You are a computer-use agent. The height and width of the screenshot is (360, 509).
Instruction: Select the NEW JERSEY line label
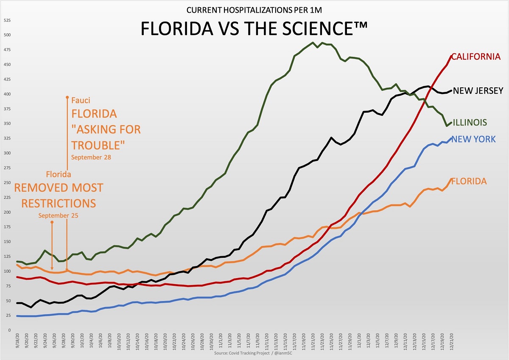coord(478,90)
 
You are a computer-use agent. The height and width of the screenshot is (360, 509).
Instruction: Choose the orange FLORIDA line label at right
coord(469,181)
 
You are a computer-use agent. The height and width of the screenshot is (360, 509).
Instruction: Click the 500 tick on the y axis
coord(7,35)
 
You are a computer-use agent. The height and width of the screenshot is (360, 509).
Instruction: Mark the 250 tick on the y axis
coord(7,183)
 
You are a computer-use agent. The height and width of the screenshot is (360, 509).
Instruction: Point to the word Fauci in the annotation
coord(81,100)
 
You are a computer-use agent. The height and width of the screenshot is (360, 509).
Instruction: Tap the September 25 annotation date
coord(58,215)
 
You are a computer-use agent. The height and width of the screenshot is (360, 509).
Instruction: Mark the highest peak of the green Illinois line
coord(313,42)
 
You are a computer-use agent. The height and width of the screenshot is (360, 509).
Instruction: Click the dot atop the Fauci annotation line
coord(67,98)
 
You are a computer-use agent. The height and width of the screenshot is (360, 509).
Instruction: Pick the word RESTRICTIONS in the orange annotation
coord(59,203)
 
